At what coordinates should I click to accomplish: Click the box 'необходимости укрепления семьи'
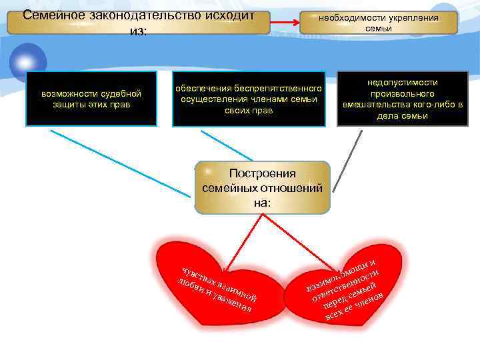[x=378, y=23]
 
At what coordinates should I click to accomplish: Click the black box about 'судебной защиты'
[x=91, y=99]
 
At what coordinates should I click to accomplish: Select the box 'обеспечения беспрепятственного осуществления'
[x=248, y=99]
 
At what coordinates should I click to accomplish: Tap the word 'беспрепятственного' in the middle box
[x=275, y=88]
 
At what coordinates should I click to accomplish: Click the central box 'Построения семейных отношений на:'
[x=262, y=187]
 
